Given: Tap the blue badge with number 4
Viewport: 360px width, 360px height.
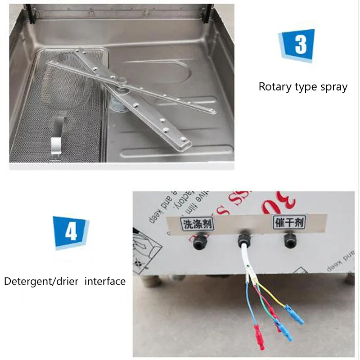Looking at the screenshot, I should [x=71, y=232].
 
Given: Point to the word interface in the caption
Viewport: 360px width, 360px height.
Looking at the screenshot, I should [x=105, y=282].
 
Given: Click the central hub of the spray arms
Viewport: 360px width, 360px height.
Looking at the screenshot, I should [x=120, y=93].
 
